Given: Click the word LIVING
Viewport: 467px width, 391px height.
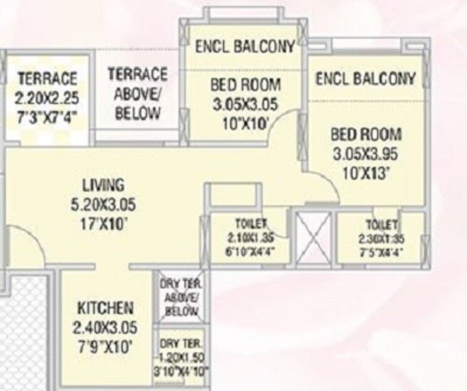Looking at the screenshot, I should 104,185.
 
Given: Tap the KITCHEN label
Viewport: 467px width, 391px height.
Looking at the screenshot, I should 105,308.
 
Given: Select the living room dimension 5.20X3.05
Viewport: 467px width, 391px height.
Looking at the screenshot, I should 104,204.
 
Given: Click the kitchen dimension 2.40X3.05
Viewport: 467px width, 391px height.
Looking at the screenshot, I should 105,327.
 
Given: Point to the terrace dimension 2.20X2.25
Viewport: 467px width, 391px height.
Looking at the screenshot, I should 47,98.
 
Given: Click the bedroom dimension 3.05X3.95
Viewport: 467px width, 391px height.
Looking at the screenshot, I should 365,152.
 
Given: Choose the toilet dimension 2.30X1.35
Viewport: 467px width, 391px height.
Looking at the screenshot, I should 380,238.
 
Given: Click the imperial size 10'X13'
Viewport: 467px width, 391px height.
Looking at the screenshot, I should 365,172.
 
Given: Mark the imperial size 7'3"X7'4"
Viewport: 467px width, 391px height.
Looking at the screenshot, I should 47,117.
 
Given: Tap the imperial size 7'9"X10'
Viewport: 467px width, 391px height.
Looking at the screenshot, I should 105,347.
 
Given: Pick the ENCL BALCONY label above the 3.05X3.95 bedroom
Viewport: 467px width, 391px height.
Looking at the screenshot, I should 365,78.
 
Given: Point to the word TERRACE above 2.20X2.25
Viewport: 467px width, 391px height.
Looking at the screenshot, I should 47,79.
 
